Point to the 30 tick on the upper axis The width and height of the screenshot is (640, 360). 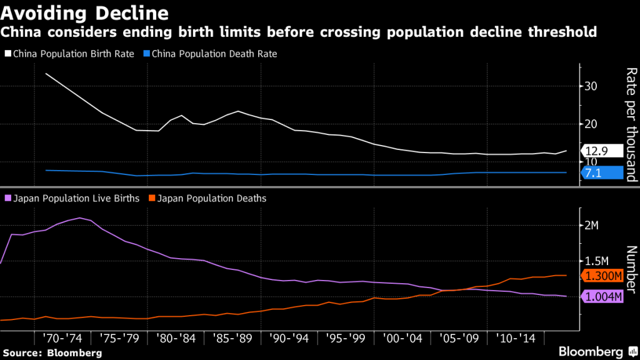591,86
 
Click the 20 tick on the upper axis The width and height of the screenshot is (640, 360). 591,124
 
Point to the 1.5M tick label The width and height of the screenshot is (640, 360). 597,261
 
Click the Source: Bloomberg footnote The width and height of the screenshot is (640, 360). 51,352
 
